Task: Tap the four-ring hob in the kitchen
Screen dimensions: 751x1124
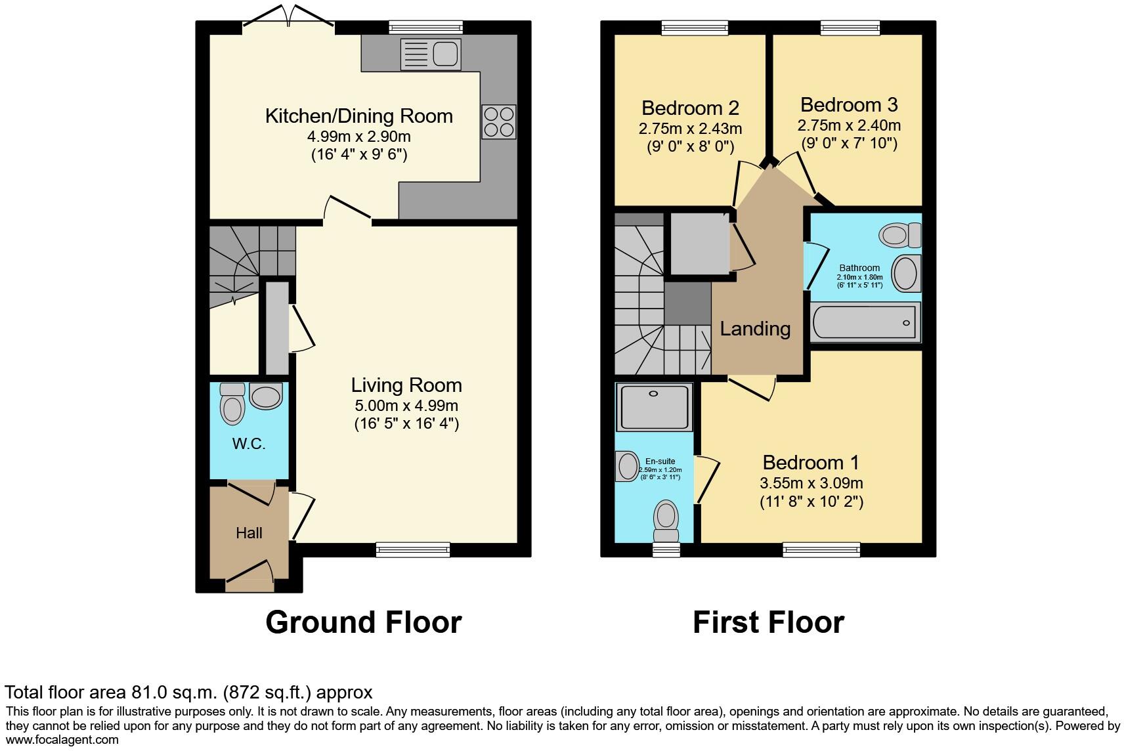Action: point(499,122)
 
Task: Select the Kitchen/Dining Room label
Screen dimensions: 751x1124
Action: point(358,116)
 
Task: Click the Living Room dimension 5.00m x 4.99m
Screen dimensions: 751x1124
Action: point(406,406)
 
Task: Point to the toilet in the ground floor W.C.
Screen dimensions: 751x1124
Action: point(232,403)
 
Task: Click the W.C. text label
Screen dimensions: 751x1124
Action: point(249,444)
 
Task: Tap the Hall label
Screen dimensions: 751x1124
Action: point(249,533)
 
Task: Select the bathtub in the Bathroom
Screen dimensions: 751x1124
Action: point(864,322)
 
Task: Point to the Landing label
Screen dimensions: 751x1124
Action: point(755,328)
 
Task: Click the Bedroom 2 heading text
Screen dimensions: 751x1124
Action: point(690,108)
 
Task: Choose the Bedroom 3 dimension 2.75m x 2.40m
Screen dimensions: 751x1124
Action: point(848,125)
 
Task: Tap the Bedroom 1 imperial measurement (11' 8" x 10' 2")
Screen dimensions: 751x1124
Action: point(811,502)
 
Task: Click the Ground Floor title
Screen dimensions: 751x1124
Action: point(363,622)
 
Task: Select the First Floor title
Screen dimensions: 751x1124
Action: point(768,622)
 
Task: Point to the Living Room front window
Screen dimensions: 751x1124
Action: point(413,549)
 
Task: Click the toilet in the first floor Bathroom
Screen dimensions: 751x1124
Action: point(900,234)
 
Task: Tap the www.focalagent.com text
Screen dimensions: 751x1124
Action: point(62,740)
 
